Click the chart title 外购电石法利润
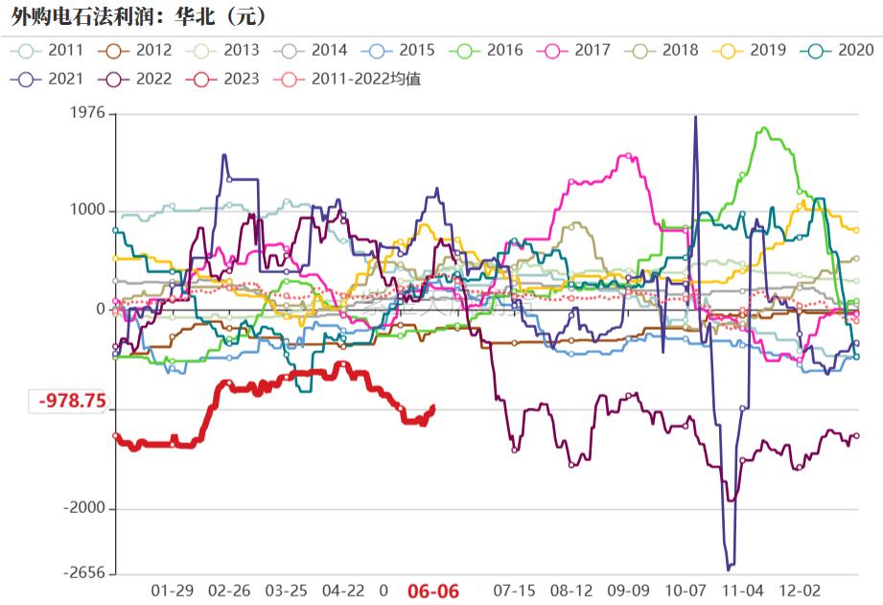[134, 16]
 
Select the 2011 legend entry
[52, 50]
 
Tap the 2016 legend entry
[490, 50]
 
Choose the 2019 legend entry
[753, 50]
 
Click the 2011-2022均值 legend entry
[352, 79]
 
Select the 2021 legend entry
[52, 79]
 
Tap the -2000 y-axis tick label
[83, 509]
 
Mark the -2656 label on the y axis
[83, 573]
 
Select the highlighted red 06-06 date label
[434, 591]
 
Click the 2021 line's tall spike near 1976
[695, 118]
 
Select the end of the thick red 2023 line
[433, 407]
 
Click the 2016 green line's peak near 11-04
[764, 128]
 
